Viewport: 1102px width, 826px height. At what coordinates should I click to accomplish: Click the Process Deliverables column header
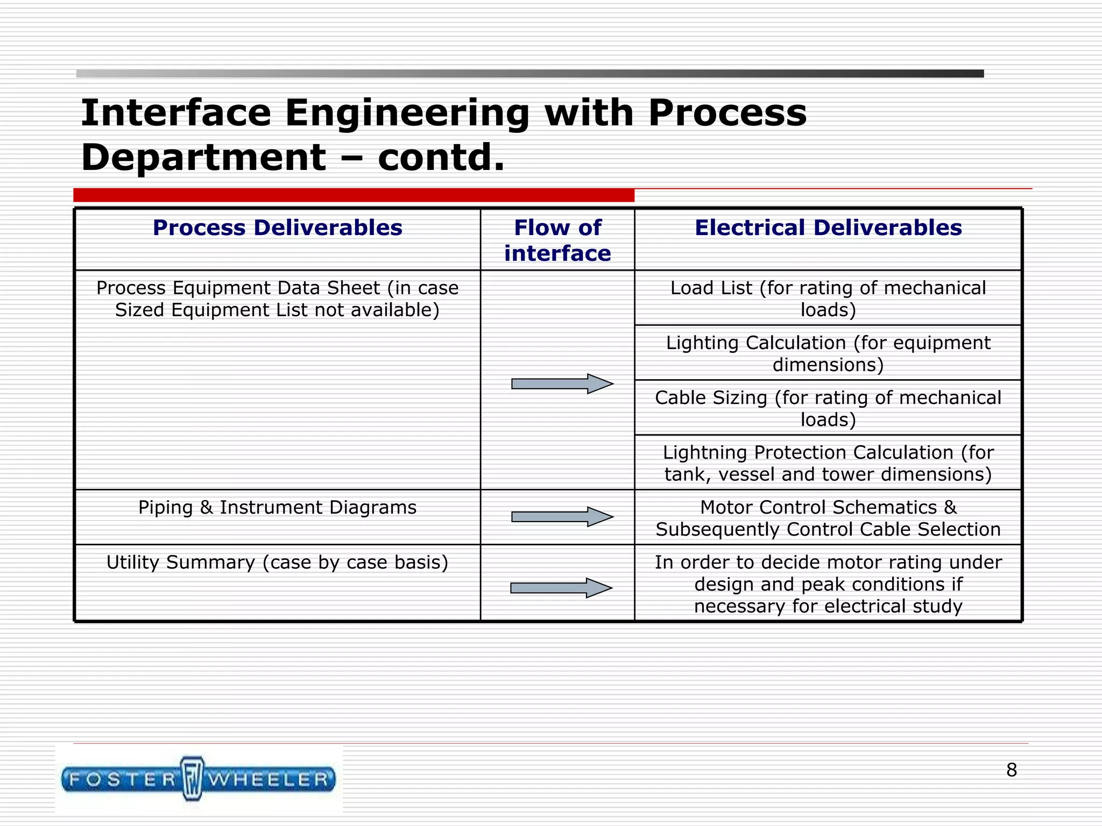[277, 228]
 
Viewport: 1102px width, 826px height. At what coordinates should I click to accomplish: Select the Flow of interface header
[557, 240]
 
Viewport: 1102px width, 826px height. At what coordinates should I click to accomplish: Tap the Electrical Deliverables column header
[828, 228]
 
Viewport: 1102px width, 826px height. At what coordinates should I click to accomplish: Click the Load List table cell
[828, 299]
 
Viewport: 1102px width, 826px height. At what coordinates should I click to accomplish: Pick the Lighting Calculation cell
[828, 354]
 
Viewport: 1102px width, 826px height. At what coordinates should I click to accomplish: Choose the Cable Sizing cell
[828, 409]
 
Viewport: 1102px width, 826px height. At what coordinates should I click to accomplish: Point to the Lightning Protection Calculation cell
[828, 464]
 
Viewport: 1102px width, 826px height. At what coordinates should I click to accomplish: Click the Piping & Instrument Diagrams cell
[277, 508]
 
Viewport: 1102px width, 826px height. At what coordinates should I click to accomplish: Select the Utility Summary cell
[277, 562]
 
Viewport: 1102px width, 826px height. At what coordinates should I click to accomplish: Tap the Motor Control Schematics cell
[828, 518]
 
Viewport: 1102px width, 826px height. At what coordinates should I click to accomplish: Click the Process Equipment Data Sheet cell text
[277, 299]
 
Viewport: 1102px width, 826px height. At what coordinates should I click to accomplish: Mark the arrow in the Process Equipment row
[562, 383]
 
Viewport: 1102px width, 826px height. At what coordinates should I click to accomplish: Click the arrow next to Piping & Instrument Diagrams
[562, 517]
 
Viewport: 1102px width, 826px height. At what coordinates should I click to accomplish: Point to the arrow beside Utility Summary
[561, 588]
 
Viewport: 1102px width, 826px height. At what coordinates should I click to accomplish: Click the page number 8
[1012, 770]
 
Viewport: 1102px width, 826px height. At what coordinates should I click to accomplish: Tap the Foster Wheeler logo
[199, 779]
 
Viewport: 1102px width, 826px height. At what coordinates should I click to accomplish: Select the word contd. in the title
[441, 158]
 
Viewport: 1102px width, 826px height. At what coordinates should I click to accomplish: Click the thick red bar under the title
[354, 195]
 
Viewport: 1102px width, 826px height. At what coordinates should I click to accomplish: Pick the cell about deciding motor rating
[828, 584]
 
